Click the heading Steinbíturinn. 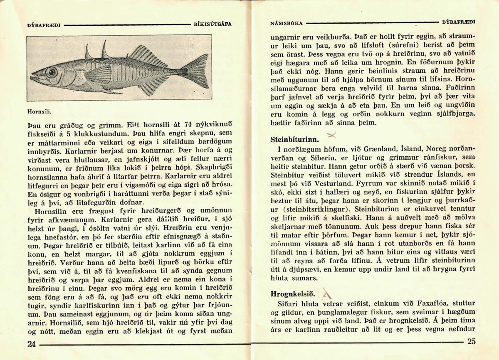pos(294,139)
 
